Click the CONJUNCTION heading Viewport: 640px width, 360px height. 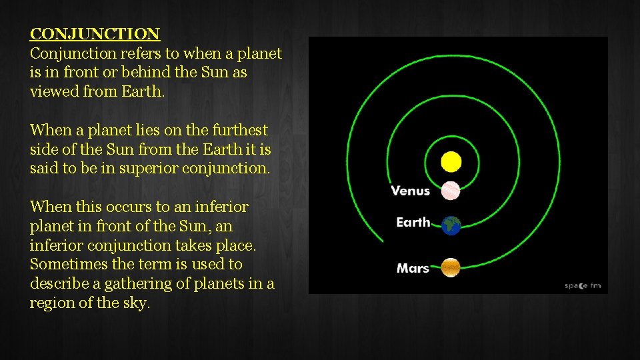95,34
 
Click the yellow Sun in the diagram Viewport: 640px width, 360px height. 451,162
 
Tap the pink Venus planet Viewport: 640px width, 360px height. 451,191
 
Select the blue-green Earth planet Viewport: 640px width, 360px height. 451,225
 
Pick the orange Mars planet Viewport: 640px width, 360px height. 451,267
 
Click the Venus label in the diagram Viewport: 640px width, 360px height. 410,191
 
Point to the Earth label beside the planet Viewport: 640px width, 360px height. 413,222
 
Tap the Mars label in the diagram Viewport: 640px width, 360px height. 413,269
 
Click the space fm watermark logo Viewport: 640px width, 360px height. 583,286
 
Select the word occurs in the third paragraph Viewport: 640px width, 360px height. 129,207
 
